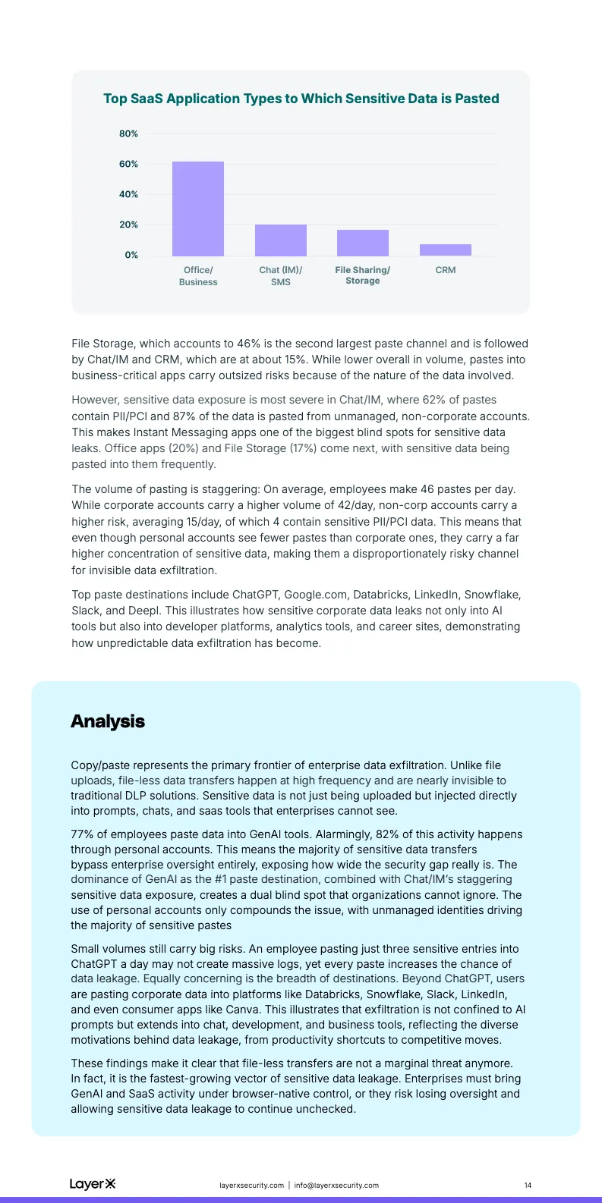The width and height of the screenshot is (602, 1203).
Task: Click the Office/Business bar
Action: point(198,209)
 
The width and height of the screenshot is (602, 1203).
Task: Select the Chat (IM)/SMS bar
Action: point(281,240)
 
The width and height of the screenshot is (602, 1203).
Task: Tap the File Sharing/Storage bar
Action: point(363,243)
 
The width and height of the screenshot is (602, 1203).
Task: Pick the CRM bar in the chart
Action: point(446,250)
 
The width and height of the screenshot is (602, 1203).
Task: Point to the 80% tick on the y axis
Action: point(128,134)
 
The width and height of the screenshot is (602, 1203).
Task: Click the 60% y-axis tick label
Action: point(128,165)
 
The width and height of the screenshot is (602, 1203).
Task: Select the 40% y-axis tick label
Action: point(128,195)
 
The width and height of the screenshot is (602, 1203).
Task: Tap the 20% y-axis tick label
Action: point(128,225)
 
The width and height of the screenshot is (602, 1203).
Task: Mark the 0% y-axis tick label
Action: point(131,256)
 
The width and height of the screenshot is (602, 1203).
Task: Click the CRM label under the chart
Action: point(446,270)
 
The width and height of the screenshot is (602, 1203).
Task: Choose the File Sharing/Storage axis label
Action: point(363,275)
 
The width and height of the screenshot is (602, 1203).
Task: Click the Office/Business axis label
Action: point(198,276)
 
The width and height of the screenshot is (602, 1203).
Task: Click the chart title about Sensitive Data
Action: point(301,99)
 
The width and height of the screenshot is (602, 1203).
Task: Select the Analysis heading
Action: point(108,721)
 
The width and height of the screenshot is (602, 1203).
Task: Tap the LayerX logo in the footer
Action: point(93,1184)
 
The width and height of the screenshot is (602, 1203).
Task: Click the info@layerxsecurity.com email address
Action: point(336,1186)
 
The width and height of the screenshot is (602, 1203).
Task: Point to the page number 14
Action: point(528,1186)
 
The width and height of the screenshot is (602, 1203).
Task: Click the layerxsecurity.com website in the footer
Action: point(251,1186)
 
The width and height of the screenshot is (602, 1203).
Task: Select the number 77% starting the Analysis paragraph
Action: point(83,834)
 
